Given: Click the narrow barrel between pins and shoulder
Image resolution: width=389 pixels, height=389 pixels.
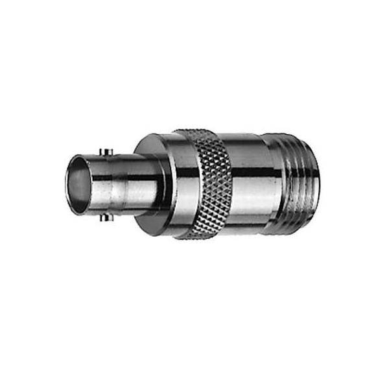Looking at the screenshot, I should pyautogui.click(x=133, y=185).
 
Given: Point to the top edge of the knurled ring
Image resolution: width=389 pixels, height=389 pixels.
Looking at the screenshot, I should pyautogui.click(x=198, y=132).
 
